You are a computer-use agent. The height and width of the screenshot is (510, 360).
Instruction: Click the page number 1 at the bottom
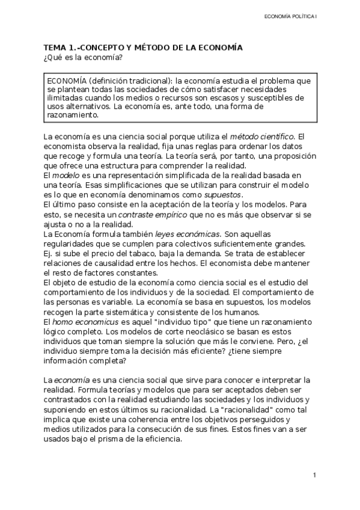coord(314,475)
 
